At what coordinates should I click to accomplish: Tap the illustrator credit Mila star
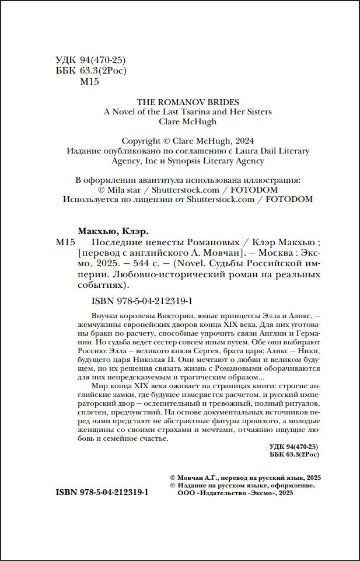pos(122,190)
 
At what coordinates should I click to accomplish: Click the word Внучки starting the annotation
pos(90,315)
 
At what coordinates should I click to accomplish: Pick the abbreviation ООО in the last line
pos(176,493)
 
